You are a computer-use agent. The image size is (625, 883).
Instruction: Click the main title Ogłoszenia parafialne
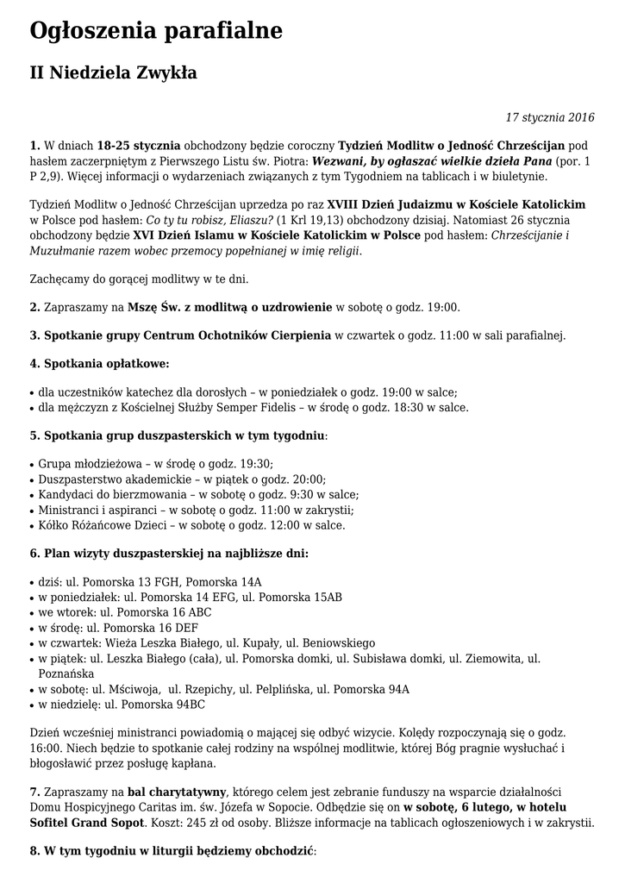156,32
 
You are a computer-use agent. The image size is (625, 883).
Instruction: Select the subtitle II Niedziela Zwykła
113,73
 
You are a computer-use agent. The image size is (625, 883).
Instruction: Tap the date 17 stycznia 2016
550,117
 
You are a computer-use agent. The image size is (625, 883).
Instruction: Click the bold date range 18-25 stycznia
139,145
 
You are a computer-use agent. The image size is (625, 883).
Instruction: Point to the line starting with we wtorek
125,611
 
